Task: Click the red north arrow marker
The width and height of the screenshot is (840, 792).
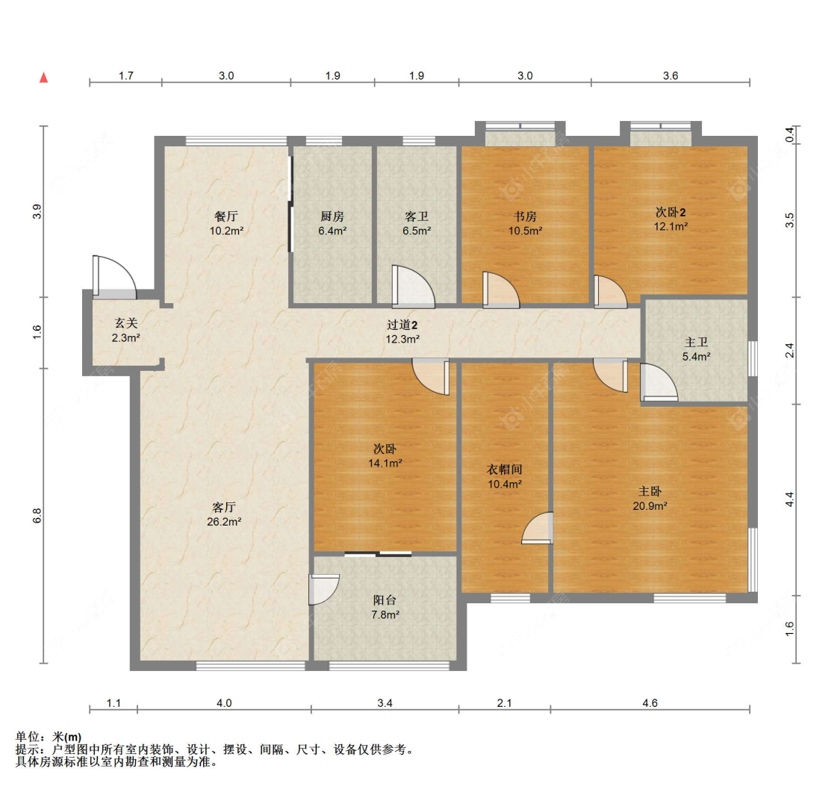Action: (44, 78)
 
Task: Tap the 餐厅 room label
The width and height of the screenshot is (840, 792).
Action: (226, 216)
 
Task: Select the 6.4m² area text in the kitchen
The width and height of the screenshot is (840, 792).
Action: (332, 231)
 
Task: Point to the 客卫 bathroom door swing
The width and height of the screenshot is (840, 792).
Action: (413, 287)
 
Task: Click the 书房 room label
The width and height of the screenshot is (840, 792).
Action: (525, 216)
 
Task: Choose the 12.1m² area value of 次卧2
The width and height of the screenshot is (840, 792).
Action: (671, 226)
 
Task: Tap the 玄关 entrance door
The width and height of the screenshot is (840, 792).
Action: (114, 277)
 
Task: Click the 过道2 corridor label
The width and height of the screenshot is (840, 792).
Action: (402, 325)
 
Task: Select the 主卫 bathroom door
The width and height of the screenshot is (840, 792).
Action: (659, 382)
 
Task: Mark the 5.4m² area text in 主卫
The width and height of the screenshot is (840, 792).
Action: (697, 357)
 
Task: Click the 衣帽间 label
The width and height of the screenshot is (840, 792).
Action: (504, 470)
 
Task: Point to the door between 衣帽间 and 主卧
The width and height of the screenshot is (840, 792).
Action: (538, 528)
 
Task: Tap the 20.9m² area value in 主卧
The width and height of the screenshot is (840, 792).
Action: (650, 506)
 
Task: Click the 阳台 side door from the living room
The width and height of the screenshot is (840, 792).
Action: (324, 590)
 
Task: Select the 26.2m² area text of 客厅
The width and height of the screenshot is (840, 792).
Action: (224, 522)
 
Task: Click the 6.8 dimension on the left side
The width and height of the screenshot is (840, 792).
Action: (37, 516)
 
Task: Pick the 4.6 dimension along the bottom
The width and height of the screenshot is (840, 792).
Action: (650, 703)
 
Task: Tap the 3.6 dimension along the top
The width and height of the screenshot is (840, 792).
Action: (671, 75)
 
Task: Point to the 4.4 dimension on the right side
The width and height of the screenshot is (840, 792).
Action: (790, 499)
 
